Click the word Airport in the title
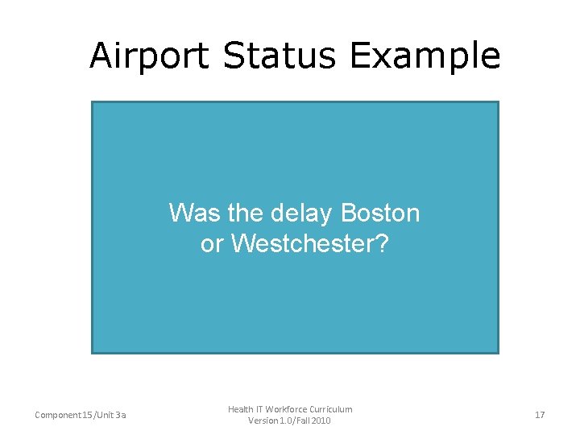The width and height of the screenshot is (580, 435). [150, 56]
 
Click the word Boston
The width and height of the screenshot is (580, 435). [381, 213]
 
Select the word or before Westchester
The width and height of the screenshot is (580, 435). [212, 244]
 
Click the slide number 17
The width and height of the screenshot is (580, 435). [540, 415]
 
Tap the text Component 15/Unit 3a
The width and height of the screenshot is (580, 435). [80, 415]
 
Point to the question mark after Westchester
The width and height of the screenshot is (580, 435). [382, 243]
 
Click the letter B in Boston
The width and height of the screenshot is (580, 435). [349, 213]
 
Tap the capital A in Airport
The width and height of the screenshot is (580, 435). [101, 56]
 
